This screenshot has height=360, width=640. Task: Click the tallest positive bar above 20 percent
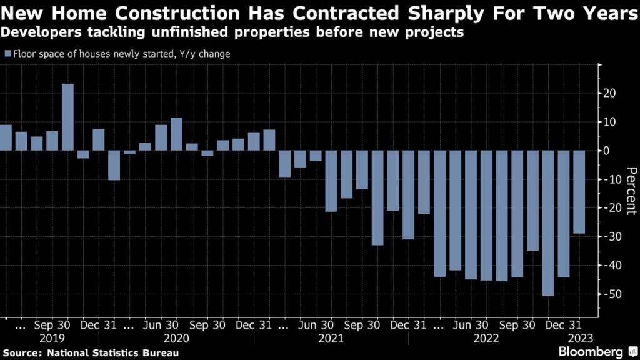(x=67, y=117)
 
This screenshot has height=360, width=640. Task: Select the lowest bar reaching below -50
(x=548, y=223)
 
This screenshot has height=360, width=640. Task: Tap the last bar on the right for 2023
(x=579, y=192)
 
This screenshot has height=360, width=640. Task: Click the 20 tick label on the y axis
(x=609, y=93)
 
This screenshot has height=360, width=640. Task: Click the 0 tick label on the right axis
(x=606, y=151)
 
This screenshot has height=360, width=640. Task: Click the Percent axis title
(x=631, y=191)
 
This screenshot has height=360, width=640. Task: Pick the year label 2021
(x=331, y=338)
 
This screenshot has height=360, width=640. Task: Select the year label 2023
(x=577, y=338)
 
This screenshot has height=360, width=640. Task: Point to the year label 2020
(x=176, y=338)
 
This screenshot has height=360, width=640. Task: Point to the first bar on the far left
(x=6, y=137)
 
